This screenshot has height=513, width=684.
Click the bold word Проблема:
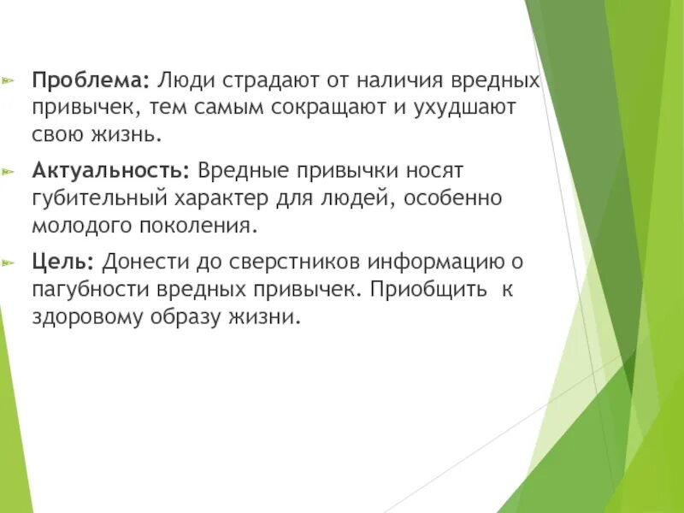coord(91,81)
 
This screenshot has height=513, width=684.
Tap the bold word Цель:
coord(66,260)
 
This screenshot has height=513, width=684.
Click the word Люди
coord(188,81)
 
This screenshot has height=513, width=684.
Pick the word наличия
coord(397,81)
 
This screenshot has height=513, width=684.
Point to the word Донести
coord(140,260)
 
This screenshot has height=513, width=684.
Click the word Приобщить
coord(428,288)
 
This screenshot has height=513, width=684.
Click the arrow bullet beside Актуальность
coord(9,171)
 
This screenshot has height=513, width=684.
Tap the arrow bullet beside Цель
coord(9,261)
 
